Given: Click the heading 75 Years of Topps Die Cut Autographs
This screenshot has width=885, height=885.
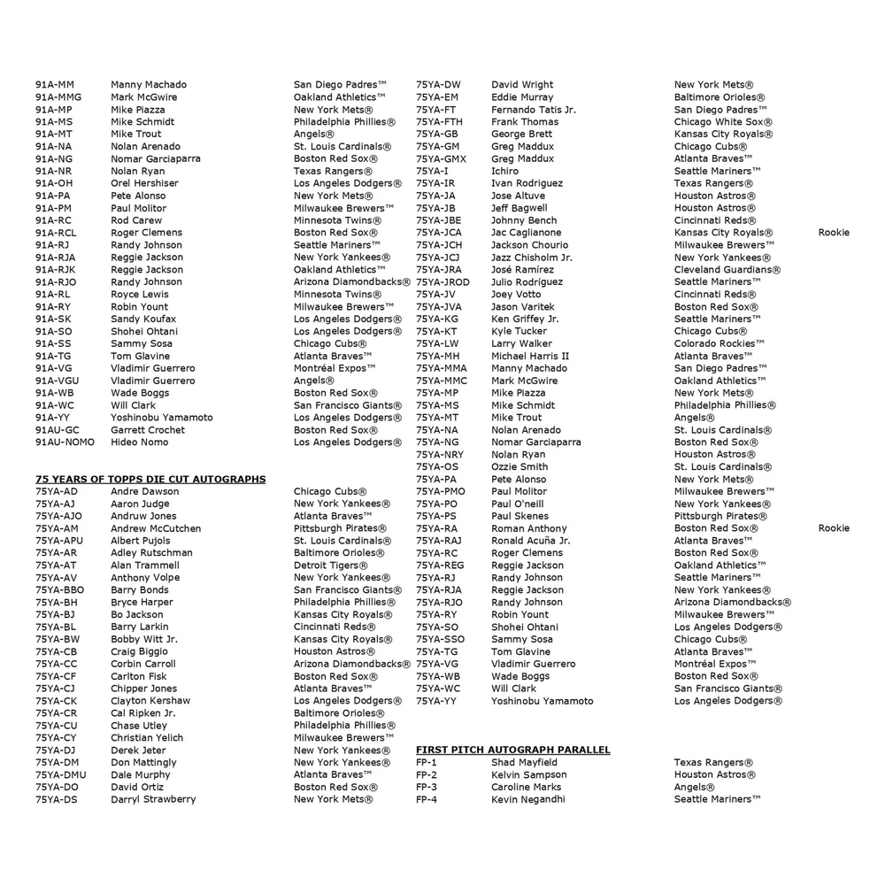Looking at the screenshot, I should pos(150,479).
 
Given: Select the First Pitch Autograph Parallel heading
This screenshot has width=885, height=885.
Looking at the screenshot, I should pos(513,750).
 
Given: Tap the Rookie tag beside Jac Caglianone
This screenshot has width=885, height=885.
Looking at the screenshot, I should pos(834,233).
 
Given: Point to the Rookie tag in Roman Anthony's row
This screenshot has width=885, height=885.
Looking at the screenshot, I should pos(834,528).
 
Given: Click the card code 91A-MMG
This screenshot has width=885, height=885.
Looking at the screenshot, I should pos(58,97).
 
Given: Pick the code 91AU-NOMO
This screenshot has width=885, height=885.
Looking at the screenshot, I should pos(65,442).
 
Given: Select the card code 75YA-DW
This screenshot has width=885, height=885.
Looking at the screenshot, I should pos(438,85).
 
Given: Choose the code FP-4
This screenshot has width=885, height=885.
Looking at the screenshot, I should pos(427,799).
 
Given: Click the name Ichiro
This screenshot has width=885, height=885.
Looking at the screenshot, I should pos(505,171).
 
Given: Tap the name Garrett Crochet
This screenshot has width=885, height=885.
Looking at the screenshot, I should pos(148,430).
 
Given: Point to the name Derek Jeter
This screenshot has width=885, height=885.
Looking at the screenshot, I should pos(138,750).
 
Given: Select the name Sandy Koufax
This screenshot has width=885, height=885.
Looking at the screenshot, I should pos(143,319).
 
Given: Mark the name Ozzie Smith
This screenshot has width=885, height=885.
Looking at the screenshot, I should pos(519,466).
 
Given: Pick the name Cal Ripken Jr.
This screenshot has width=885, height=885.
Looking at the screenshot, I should pos(142,713).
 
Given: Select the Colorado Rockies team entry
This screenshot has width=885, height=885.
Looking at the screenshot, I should pos(720,343).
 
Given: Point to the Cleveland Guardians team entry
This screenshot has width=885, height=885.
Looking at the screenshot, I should pos(727,270).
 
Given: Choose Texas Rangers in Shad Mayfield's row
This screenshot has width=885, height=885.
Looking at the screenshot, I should pos(713,762).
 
